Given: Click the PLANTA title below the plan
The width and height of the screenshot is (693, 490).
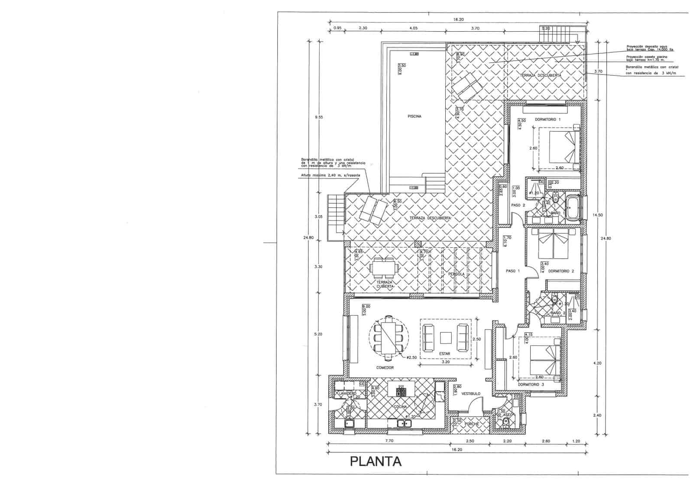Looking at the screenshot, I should tap(375, 461).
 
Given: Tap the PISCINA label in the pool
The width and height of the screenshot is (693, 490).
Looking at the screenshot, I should tap(414, 116).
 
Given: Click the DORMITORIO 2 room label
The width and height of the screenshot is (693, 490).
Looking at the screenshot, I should tap(561, 271).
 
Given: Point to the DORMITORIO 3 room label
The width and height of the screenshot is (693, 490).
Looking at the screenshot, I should tap(531, 384).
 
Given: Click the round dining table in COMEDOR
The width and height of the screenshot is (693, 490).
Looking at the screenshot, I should tap(86, 337).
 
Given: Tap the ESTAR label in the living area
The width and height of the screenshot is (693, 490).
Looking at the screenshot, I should tap(444, 354).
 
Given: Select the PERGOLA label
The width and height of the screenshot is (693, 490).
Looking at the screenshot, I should tap(457, 274).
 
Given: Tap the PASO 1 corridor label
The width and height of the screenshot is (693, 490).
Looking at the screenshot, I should tap(513, 271).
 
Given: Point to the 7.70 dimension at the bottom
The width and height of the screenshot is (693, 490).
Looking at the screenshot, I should tap(388, 441).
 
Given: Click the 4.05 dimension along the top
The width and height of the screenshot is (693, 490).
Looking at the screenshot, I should tap(413, 28).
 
